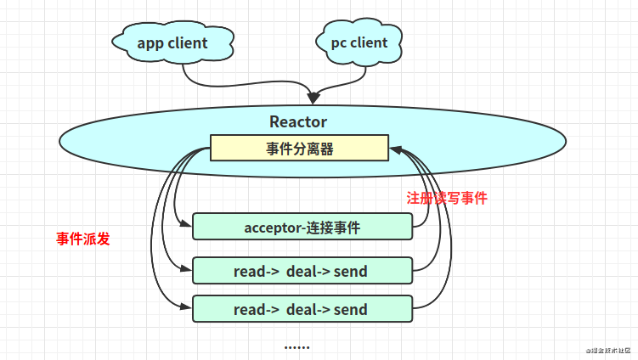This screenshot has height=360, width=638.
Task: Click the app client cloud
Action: coord(172,43)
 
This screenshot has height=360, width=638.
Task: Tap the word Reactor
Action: coord(297,121)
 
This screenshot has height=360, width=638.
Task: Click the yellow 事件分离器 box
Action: coord(299,149)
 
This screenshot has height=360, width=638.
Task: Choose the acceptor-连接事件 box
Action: coord(302,227)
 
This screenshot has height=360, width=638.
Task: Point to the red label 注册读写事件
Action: coord(447,198)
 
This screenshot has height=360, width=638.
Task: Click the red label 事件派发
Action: coord(83,239)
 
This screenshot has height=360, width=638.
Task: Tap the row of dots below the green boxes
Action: coord(296,346)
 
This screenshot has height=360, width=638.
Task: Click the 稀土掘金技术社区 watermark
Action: coord(607,350)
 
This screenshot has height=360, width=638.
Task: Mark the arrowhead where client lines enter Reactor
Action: coord(317,96)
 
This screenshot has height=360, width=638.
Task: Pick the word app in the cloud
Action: coord(151,43)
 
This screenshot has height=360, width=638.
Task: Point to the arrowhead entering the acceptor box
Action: coord(188,226)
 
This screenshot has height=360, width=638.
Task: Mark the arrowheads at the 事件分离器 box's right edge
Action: coord(395,149)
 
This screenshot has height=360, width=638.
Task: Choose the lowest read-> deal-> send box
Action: coord(302,309)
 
